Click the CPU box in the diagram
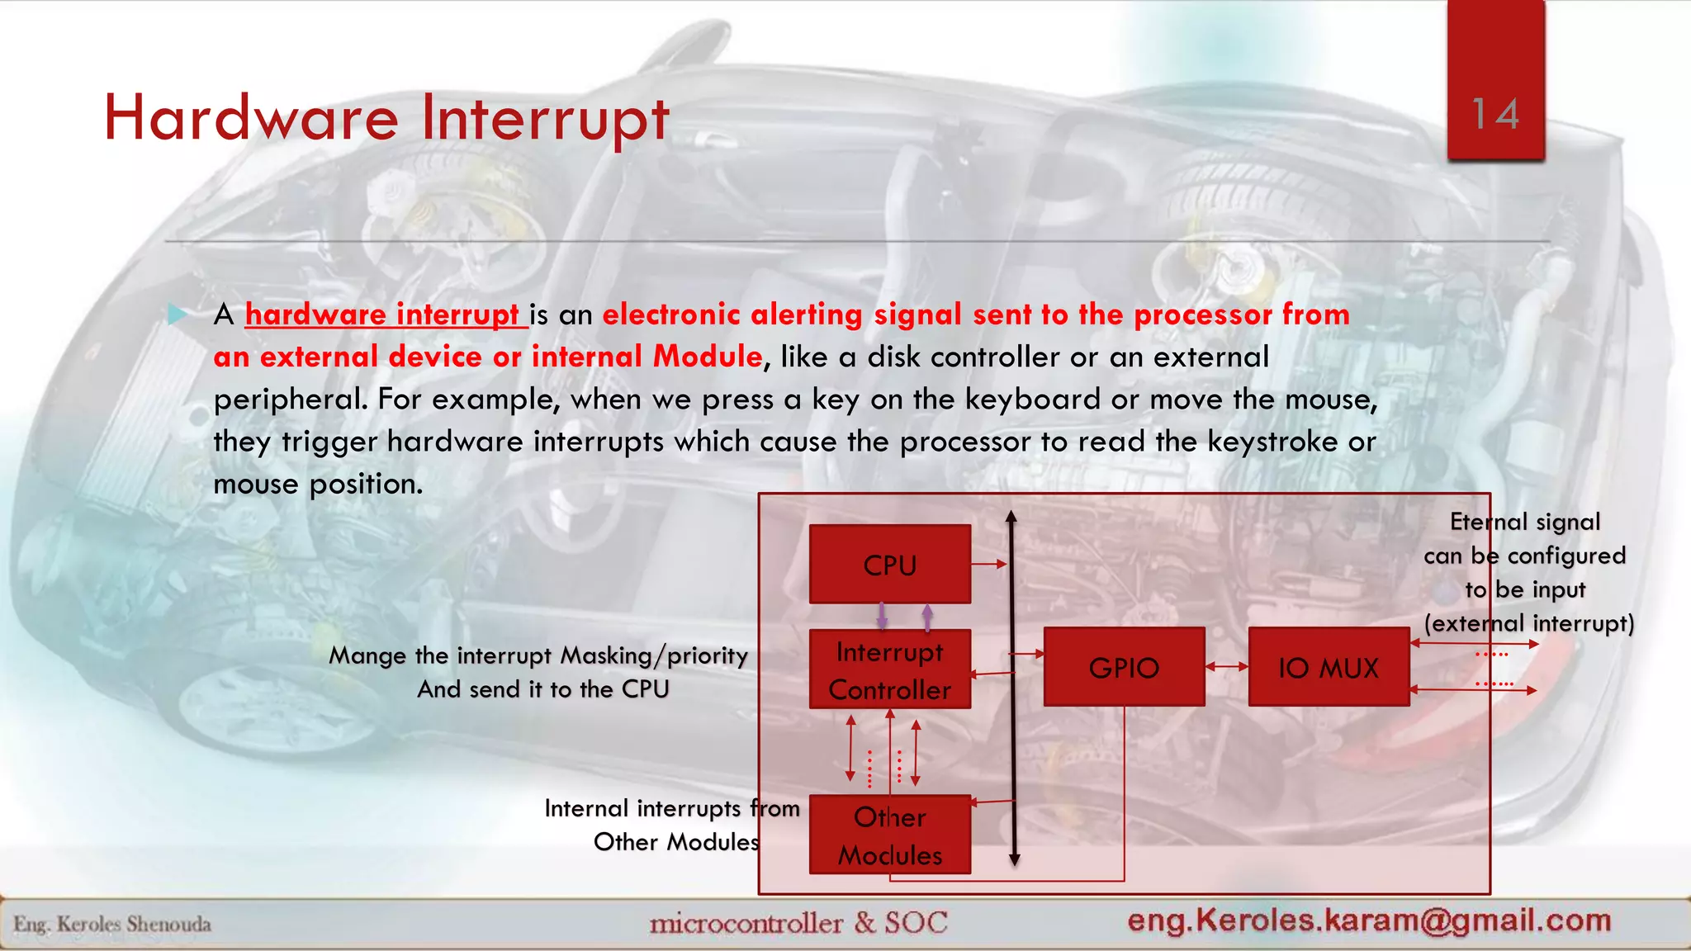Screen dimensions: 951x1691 [x=889, y=565]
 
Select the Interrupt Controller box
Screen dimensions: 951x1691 [x=889, y=669]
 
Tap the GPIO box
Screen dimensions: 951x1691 [x=1124, y=667]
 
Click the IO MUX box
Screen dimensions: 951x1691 [x=1328, y=667]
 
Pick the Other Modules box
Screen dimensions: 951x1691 [x=889, y=835]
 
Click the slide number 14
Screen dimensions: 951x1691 [x=1495, y=114]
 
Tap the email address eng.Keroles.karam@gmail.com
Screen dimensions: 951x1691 [x=1369, y=920]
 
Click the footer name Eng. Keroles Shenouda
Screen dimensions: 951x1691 [x=112, y=924]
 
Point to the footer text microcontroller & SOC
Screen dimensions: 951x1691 [x=798, y=922]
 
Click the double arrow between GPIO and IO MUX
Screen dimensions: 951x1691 [x=1226, y=666]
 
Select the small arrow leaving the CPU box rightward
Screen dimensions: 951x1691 [x=988, y=564]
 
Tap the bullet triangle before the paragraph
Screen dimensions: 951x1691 [x=177, y=314]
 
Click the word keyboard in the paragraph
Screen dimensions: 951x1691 [x=1032, y=400]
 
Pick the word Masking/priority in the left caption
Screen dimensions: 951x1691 [x=653, y=655]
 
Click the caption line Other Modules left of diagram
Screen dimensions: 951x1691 [x=675, y=842]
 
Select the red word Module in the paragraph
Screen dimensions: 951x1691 [x=708, y=357]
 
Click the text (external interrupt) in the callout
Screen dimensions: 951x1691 [x=1528, y=623]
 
